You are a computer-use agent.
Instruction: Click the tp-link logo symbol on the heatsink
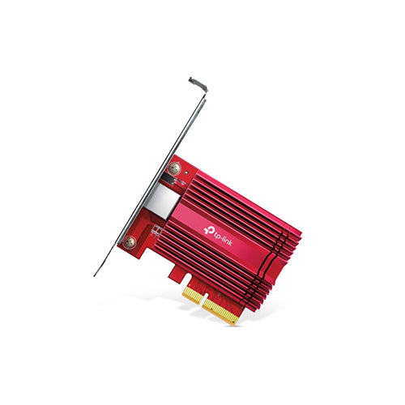point(208,230)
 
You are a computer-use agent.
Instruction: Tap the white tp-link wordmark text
point(223,237)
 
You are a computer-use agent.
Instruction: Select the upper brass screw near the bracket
point(174,168)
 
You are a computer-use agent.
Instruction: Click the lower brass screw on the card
point(130,241)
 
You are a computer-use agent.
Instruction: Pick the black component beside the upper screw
point(168,180)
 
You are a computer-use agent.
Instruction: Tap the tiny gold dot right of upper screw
point(186,172)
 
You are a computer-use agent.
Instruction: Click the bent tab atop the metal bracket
point(198,84)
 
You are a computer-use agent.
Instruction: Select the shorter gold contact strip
point(193,296)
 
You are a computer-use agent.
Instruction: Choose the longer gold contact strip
point(220,311)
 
